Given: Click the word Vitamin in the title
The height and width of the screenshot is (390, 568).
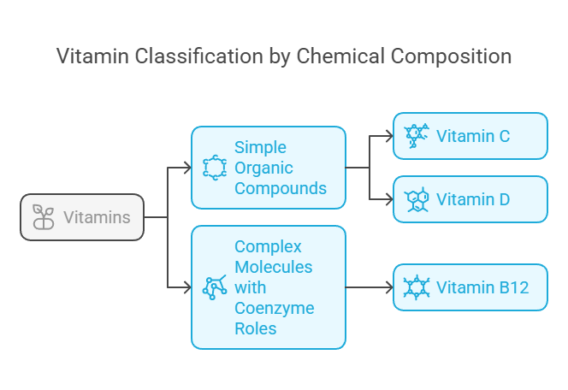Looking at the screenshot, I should [87, 56].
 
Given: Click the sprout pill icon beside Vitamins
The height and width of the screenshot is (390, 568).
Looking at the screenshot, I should [43, 217].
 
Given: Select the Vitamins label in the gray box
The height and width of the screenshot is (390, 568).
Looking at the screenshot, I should [97, 217].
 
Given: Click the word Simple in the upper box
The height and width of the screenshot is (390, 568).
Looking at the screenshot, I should [260, 147].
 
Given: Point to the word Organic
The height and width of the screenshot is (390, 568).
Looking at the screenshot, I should [263, 168].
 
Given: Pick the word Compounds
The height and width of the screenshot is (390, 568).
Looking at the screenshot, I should [281, 188].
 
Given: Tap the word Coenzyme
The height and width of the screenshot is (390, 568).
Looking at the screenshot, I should [274, 308].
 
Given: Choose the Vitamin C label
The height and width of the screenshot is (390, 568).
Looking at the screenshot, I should [473, 136].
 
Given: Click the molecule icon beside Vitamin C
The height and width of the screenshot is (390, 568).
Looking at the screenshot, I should [417, 136].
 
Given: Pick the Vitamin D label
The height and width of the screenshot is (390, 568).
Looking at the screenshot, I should [473, 199].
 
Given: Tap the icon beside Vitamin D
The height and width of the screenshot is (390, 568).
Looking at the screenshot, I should [417, 199].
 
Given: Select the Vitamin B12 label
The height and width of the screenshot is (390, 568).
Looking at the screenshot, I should [482, 287].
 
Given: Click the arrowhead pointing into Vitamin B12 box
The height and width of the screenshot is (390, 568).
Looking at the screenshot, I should [388, 287].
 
